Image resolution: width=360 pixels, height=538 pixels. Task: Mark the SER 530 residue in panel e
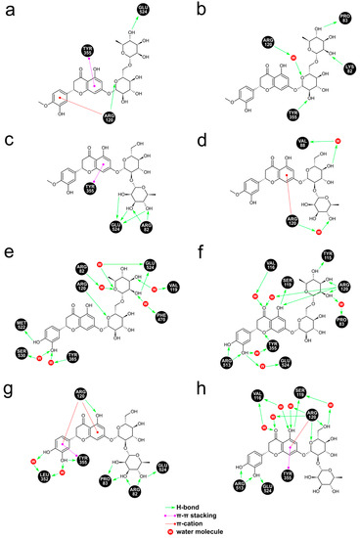coord(22,351)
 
